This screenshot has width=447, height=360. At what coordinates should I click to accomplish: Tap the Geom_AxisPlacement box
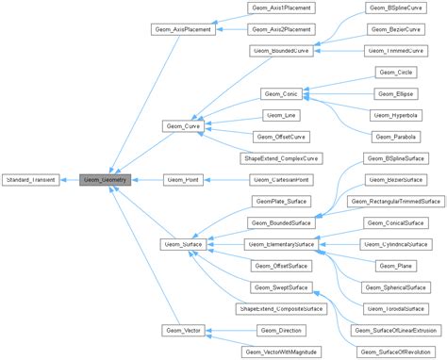click(x=183, y=29)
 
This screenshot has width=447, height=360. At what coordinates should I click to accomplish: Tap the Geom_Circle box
click(x=396, y=73)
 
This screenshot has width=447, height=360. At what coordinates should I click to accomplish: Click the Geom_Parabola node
click(x=396, y=137)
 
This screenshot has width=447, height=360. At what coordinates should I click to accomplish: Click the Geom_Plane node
click(x=396, y=266)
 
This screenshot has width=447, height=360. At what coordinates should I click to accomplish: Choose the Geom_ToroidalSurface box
click(x=396, y=308)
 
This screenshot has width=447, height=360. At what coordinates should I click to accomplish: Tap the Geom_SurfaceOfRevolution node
click(x=396, y=351)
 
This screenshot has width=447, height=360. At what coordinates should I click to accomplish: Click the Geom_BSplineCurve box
click(x=396, y=8)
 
